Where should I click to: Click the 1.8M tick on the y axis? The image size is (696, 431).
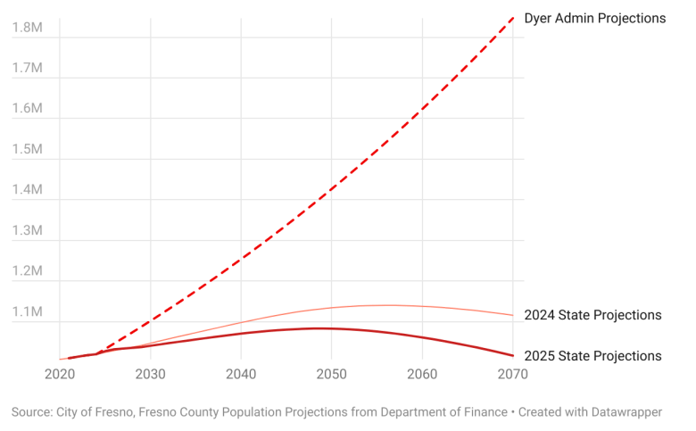click(x=27, y=28)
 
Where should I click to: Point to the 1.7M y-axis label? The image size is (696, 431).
click(x=27, y=68)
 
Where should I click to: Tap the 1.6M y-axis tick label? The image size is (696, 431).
click(x=27, y=109)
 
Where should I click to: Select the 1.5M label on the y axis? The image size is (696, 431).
click(x=27, y=149)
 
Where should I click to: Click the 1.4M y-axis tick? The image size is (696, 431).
click(x=27, y=190)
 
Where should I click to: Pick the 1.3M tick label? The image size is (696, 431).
click(x=27, y=231)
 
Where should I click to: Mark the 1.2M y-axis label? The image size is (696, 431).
click(x=27, y=271)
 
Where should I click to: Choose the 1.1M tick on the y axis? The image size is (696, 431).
click(x=27, y=312)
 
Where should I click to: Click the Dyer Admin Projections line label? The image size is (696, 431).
click(x=594, y=18)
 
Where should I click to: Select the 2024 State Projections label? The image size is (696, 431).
click(x=592, y=315)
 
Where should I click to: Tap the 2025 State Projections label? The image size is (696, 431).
click(x=592, y=356)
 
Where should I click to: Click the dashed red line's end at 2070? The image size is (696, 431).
click(x=512, y=17)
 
